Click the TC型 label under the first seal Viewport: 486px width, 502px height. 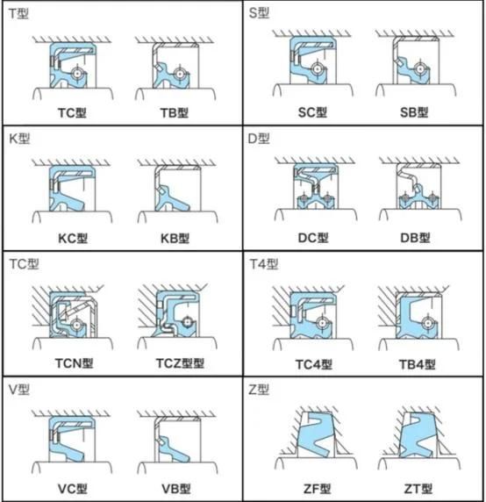coord(72,112)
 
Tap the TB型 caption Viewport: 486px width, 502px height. coord(175,112)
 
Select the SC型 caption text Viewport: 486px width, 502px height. coord(312,112)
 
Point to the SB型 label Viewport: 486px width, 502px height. coord(414,112)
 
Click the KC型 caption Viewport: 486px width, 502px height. coord(73,238)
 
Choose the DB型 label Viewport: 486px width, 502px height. coord(415,238)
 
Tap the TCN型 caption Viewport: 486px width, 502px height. coord(74,363)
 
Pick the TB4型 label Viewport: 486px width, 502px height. coord(418,364)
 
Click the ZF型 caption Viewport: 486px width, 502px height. coord(317,489)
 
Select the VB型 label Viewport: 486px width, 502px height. coord(176,489)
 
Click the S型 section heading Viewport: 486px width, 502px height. coord(259,13)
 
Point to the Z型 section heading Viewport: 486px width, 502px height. coord(259,390)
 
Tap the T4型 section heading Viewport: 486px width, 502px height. coord(264,264)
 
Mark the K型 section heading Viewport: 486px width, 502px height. coord(19,139)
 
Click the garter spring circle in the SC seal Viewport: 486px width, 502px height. coord(318,68)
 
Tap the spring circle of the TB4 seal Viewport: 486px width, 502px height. coord(428,323)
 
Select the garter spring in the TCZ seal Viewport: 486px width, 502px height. coord(187,321)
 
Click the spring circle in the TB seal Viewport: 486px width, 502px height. coord(180,74)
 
